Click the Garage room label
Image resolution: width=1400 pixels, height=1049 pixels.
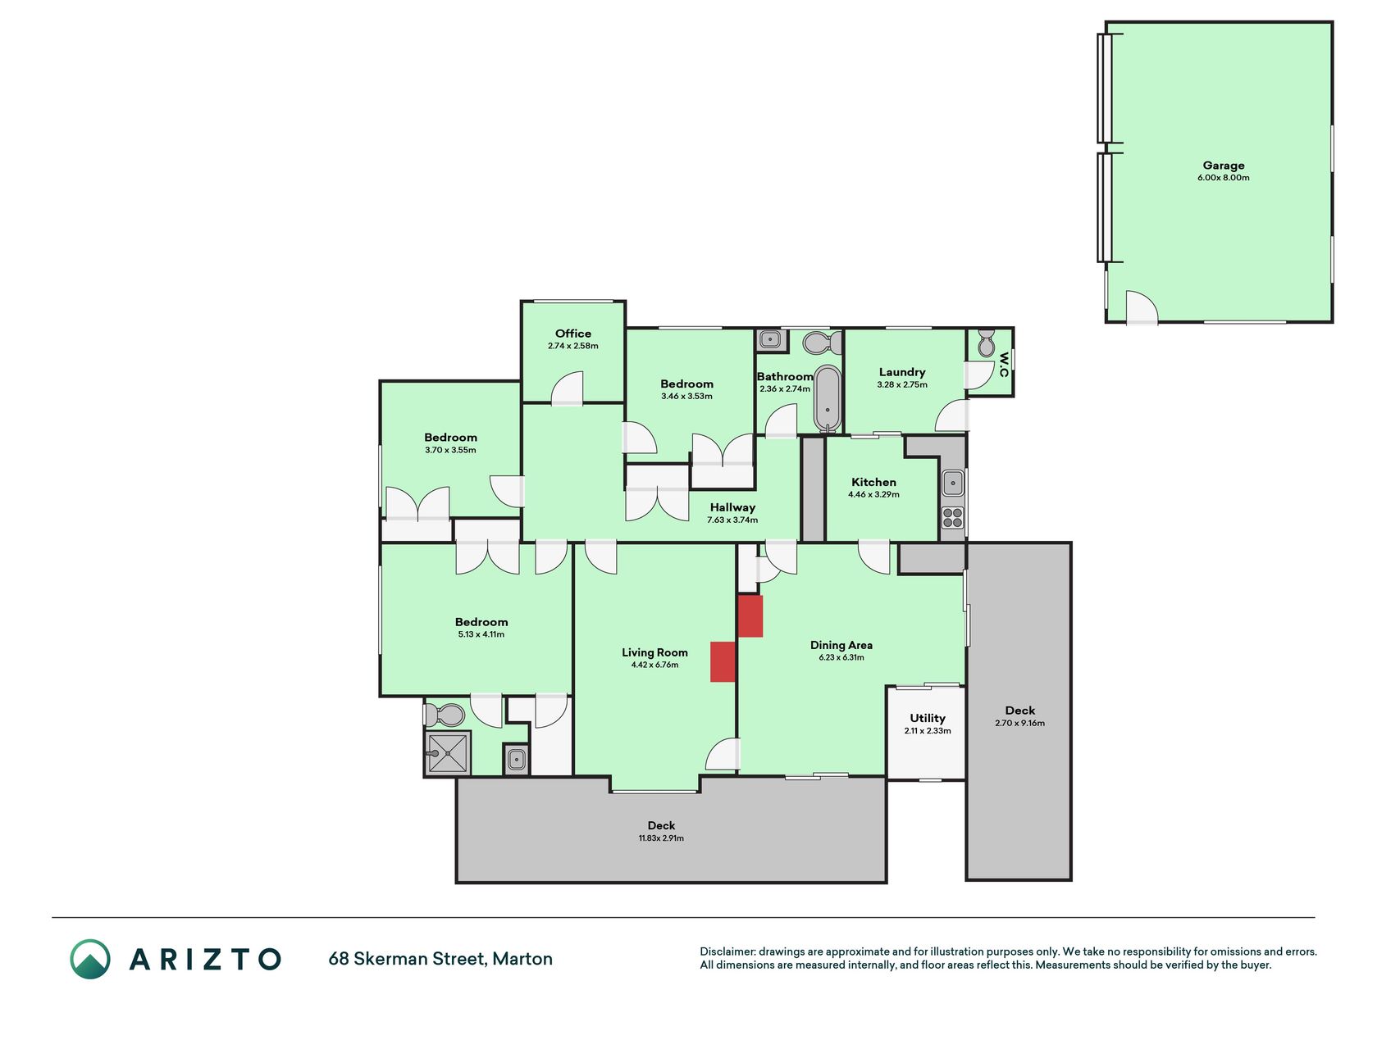click(1223, 166)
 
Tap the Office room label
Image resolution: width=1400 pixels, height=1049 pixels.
click(573, 334)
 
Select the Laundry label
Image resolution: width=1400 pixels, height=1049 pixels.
click(902, 372)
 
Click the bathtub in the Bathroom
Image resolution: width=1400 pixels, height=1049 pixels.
click(828, 399)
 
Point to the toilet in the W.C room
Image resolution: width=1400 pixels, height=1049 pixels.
click(986, 343)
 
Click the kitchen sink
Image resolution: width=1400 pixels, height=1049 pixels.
click(952, 483)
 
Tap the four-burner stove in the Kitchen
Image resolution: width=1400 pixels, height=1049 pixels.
click(952, 517)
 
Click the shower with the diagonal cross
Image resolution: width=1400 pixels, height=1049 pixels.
click(447, 753)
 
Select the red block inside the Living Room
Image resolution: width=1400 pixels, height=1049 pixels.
click(723, 661)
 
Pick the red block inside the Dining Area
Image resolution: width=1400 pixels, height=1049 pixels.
click(750, 616)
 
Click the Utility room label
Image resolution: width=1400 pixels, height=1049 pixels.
click(928, 718)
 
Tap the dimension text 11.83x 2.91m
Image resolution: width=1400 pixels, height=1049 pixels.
click(661, 838)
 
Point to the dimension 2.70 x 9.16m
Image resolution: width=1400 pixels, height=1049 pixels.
click(1019, 723)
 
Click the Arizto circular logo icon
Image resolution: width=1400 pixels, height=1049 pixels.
click(90, 959)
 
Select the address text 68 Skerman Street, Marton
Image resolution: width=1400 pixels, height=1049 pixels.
click(440, 959)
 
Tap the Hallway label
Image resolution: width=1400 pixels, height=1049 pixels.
click(732, 507)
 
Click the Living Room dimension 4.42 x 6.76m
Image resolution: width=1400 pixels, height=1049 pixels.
click(654, 665)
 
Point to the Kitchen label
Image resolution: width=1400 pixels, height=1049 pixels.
click(873, 482)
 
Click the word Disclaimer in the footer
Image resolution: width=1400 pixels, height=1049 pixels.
click(727, 951)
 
